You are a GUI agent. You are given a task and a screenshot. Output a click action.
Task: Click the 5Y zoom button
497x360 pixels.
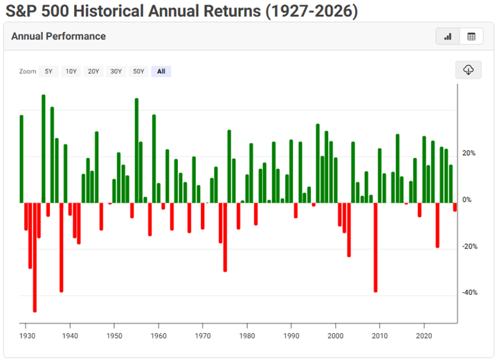click(48, 71)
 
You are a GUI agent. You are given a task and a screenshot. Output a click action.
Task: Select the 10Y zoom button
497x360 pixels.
click(71, 71)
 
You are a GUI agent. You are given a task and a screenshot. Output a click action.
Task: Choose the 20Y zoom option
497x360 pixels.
click(93, 71)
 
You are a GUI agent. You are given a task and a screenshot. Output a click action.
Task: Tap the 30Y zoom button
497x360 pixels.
click(116, 71)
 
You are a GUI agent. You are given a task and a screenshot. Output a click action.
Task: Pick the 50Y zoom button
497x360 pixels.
click(138, 71)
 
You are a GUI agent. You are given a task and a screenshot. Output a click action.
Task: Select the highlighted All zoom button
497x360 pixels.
click(161, 71)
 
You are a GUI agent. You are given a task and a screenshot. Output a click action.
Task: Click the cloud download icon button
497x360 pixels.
click(469, 70)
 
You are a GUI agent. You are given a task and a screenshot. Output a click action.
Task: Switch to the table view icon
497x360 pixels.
click(471, 37)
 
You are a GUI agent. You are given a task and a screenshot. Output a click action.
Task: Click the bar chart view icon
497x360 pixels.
click(448, 37)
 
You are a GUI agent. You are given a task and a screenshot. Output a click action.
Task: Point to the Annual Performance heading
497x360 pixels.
click(58, 36)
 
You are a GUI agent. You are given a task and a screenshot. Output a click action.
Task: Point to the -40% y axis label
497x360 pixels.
click(469, 293)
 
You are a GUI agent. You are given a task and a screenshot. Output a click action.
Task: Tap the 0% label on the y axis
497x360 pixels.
click(467, 199)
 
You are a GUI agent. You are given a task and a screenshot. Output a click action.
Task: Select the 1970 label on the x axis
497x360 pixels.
click(202, 335)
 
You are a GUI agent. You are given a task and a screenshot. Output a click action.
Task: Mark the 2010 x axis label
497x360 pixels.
click(379, 335)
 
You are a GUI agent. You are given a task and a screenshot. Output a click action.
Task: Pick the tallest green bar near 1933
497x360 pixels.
click(44, 148)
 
